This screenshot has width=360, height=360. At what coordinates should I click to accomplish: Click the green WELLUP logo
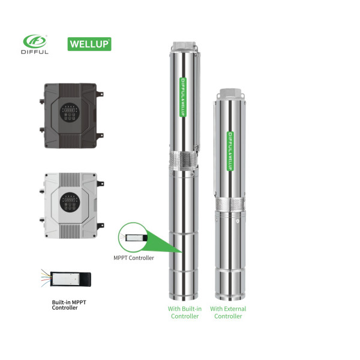pos(89,44)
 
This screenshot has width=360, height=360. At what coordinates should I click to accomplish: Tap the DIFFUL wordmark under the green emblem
pos(35,52)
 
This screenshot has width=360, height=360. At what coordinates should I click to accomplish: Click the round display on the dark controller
pos(70,112)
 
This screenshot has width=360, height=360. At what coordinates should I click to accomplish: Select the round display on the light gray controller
pos(70,202)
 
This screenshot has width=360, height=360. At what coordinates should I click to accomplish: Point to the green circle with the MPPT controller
pos(133,238)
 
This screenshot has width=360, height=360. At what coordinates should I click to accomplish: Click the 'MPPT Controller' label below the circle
pos(134,258)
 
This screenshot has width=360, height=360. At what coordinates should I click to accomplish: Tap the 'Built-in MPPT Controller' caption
pos(69,305)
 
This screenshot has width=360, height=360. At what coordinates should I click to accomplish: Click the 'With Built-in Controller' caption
pos(185,313)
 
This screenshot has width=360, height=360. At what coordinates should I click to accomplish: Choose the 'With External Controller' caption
pos(228,313)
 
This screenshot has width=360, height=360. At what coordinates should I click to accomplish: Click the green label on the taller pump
pos(183,97)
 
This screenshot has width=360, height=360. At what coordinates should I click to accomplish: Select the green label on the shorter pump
pos(230,151)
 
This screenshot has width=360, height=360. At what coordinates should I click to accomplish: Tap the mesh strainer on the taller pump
pos(183,160)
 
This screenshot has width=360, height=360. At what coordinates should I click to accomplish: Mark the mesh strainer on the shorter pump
pos(230,205)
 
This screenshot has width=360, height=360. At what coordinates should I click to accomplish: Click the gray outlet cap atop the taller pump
pos(184,47)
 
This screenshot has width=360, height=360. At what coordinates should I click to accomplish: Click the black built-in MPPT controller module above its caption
pos(70,279)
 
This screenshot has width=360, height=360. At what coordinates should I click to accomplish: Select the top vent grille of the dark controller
pos(70,91)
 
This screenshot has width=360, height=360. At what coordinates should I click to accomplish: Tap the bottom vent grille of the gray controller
pos(70,231)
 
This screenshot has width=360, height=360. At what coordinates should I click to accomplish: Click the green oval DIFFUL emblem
pos(35,41)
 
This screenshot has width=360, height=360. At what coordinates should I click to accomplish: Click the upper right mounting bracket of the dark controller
pos(100,94)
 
